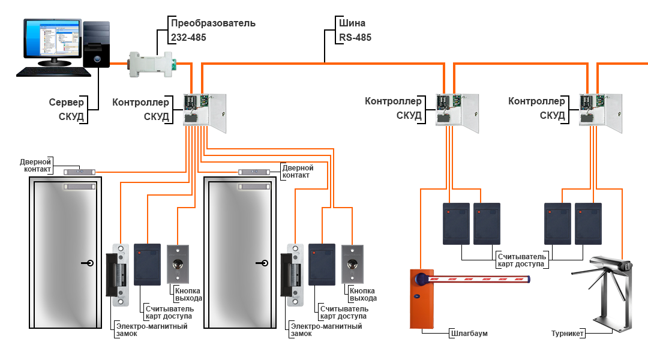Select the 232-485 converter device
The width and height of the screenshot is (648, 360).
[150, 62]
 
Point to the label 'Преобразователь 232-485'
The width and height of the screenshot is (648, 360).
[213, 30]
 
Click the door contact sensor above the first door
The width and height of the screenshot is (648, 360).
[80, 172]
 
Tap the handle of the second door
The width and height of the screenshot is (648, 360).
[263, 263]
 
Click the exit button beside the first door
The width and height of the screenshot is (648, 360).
[178, 263]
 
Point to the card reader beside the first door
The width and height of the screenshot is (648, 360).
[147, 263]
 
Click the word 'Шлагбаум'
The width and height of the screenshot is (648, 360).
[468, 333]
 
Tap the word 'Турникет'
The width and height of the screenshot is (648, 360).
[567, 333]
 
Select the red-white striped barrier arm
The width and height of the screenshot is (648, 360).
[480, 279]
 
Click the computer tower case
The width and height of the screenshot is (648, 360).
[96, 46]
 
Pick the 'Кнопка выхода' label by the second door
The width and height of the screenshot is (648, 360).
[363, 294]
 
